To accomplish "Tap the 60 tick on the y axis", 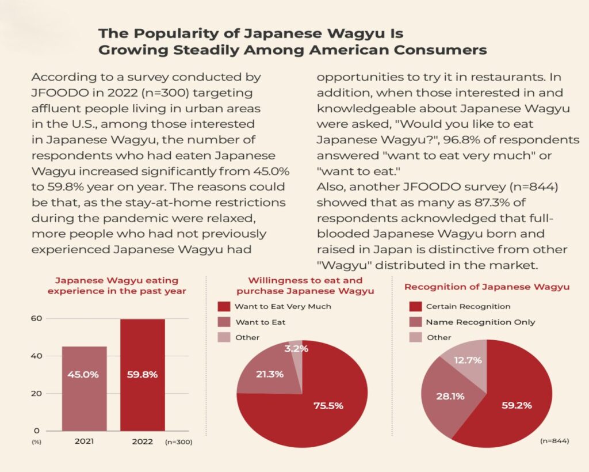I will tap(36, 318).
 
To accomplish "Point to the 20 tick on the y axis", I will tap(36, 394).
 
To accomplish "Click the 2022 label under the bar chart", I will tap(142, 441).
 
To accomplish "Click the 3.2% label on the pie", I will tap(297, 348).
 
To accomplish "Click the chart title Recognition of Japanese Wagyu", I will tap(487, 287).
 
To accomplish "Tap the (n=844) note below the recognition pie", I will tap(554, 441).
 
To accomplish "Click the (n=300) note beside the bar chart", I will tap(178, 442).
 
